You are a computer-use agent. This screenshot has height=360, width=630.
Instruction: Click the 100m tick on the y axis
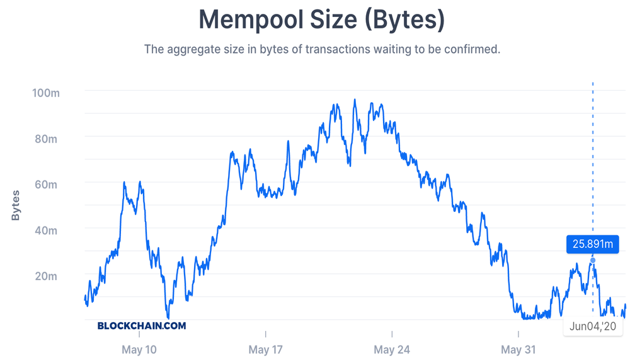pyautogui.click(x=45, y=93)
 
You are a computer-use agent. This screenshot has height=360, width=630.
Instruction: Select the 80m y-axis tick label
pyautogui.click(x=47, y=138)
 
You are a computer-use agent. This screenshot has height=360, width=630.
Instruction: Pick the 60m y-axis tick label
pyautogui.click(x=47, y=184)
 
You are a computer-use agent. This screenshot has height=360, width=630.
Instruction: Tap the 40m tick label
pyautogui.click(x=47, y=230)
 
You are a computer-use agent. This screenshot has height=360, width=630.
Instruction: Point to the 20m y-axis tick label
pyautogui.click(x=47, y=276)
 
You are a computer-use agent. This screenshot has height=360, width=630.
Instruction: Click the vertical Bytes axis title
pyautogui.click(x=16, y=205)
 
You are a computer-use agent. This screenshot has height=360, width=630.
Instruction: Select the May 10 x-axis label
pyautogui.click(x=139, y=349)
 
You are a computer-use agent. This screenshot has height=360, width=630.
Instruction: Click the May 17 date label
pyautogui.click(x=266, y=349)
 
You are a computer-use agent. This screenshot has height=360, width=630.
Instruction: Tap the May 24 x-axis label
pyautogui.click(x=392, y=349)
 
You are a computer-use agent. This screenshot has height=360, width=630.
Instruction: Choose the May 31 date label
pyautogui.click(x=518, y=349)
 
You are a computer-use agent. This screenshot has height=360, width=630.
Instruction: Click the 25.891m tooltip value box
pyautogui.click(x=592, y=244)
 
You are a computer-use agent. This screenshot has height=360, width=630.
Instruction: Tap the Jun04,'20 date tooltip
pyautogui.click(x=592, y=326)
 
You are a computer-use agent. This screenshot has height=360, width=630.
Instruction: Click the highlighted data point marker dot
pyautogui.click(x=593, y=260)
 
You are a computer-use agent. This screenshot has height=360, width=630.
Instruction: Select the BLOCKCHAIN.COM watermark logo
pyautogui.click(x=142, y=326)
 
